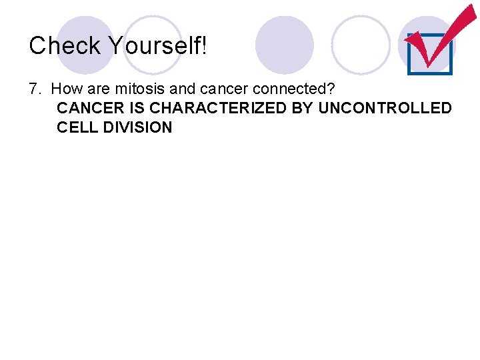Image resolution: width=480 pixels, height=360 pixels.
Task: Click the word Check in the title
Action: [65, 45]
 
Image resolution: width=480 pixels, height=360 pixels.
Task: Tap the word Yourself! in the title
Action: [157, 45]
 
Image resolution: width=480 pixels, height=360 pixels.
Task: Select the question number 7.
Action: [35, 89]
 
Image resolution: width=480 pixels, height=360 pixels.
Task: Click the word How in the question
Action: [65, 89]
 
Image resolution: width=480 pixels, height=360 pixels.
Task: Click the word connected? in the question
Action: [289, 89]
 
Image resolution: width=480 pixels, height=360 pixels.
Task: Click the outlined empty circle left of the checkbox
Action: [361, 45]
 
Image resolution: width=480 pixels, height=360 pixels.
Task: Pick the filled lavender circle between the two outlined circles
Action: [285, 45]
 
